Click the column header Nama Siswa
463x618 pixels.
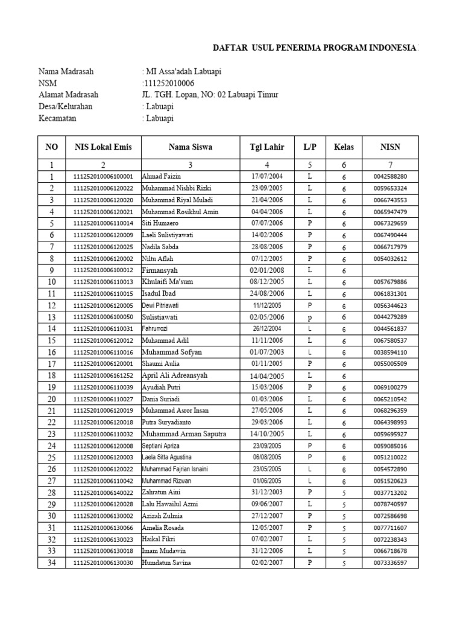click(x=190, y=147)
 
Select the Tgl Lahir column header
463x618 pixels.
click(x=267, y=147)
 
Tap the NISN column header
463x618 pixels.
click(x=390, y=147)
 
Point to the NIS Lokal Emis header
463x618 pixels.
click(x=103, y=147)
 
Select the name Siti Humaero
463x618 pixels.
click(x=160, y=223)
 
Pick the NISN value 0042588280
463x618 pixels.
click(x=390, y=176)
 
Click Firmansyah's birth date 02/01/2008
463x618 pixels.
click(x=267, y=270)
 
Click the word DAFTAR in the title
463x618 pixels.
click(x=232, y=48)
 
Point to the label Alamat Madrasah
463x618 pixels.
click(x=68, y=95)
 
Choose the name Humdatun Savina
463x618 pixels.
click(x=166, y=563)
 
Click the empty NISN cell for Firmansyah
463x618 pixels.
click(x=390, y=270)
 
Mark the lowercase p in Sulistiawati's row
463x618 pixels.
click(x=309, y=317)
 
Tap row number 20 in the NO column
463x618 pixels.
click(x=52, y=400)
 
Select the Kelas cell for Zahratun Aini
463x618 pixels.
click(x=344, y=493)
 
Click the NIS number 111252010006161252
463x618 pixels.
click(x=103, y=376)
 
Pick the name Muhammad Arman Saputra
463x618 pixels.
click(x=183, y=434)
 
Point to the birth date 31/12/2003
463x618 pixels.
click(x=267, y=492)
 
